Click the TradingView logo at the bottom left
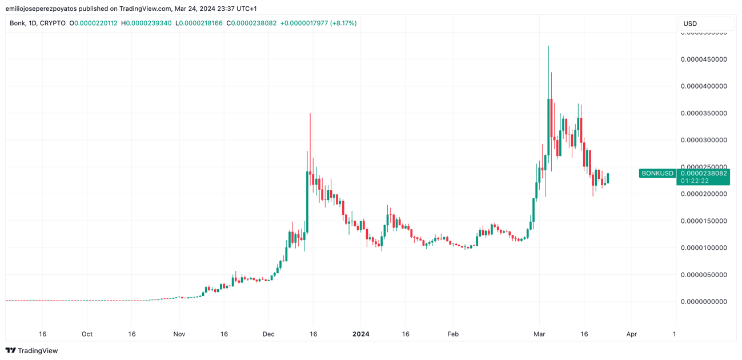[31, 351]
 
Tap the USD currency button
[705, 23]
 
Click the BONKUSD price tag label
[657, 173]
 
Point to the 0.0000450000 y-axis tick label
[704, 59]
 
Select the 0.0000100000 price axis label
[704, 248]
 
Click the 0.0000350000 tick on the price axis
[704, 113]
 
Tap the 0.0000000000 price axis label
[704, 302]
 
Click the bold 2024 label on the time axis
[361, 334]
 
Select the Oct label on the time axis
[87, 334]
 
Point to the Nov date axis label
[179, 334]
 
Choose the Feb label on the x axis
[453, 334]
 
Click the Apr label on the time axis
[631, 334]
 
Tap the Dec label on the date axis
[268, 334]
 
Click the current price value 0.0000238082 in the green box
[704, 173]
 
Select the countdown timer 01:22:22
[695, 181]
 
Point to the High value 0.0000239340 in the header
[148, 23]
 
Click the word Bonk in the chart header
[18, 23]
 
